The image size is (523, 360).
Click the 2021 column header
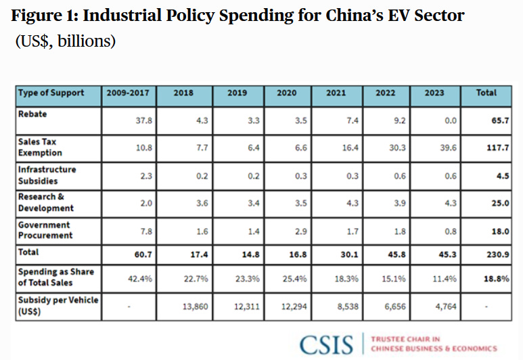click(x=336, y=93)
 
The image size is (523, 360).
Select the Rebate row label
click(x=32, y=114)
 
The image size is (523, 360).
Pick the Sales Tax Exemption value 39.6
click(x=448, y=148)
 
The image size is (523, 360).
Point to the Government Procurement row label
click(x=45, y=230)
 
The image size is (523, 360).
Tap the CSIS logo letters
click(x=327, y=344)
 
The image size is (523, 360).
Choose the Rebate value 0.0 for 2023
click(x=449, y=120)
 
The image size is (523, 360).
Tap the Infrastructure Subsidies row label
click(x=47, y=175)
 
